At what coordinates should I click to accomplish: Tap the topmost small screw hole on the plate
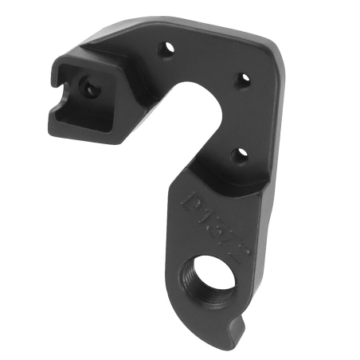[x=169, y=49]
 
